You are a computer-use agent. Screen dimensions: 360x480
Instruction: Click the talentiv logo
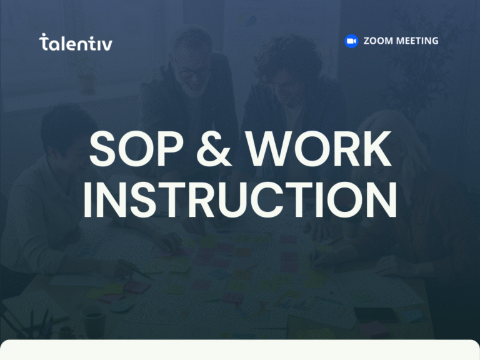[76, 42]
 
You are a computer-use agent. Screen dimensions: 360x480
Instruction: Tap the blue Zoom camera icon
[351, 41]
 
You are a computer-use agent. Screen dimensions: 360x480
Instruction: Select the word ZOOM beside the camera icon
[379, 41]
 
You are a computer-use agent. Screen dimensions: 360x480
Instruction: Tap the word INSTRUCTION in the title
[240, 200]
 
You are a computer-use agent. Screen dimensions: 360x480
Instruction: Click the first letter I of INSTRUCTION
[89, 200]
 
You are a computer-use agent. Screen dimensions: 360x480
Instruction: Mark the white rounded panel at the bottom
[240, 351]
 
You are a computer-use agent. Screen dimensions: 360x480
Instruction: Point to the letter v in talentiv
[107, 44]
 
